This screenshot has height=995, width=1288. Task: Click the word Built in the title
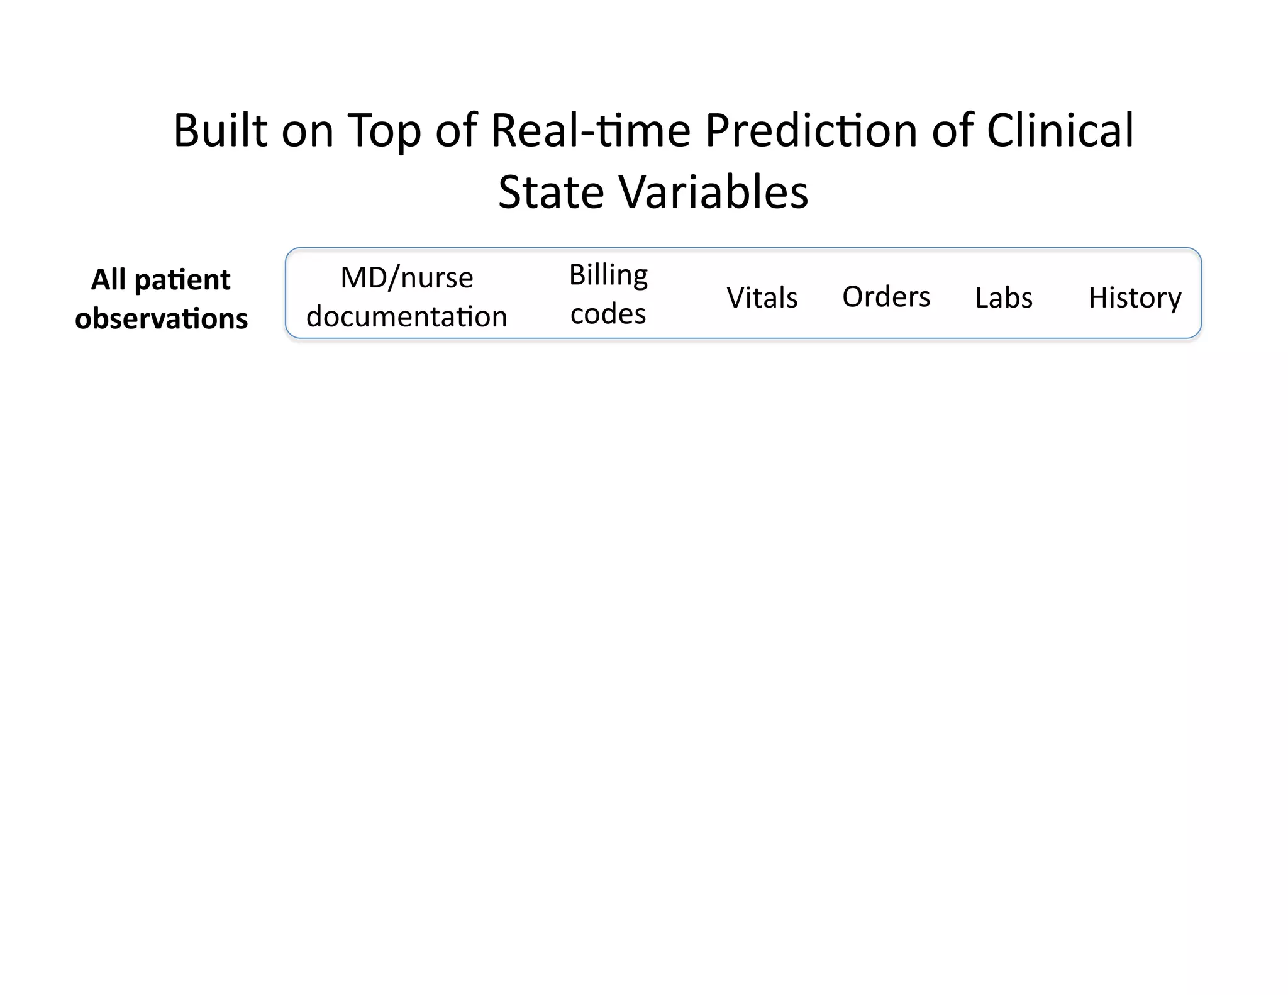pos(220,130)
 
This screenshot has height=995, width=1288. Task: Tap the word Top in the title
pos(383,131)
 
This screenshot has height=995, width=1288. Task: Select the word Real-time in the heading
pos(590,130)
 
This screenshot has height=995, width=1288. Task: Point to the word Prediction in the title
pos(811,130)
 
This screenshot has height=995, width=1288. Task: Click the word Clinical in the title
pos(1060,130)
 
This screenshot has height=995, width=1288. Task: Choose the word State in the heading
pos(551,192)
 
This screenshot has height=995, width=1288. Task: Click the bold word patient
pos(182,280)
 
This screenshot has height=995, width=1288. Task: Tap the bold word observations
pos(161,319)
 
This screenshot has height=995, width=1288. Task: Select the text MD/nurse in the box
pos(406,277)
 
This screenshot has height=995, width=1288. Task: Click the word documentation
pos(406,316)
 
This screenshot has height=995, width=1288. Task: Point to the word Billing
pos(608,275)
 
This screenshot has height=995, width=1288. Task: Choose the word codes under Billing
pos(608,314)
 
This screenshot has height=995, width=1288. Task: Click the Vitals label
pos(762,297)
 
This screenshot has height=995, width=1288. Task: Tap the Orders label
pos(885,297)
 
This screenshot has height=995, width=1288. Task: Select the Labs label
pos(1003,297)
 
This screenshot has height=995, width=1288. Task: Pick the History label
pos(1135,298)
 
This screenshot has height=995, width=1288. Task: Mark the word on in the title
pos(307,130)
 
